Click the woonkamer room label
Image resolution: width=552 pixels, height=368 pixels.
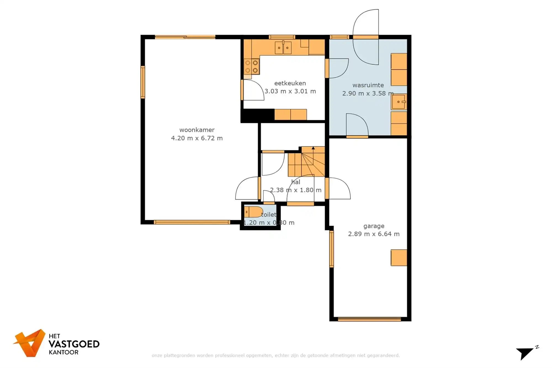point(197,130)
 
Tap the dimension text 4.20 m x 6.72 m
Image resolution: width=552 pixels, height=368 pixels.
point(197,138)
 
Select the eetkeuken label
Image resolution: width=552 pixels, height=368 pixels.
point(290,83)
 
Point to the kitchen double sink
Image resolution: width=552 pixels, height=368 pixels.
point(283,47)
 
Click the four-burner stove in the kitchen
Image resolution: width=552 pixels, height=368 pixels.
point(251,67)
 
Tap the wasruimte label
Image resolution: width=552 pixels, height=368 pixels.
point(368,85)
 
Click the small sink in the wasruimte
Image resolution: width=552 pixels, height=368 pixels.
point(399,102)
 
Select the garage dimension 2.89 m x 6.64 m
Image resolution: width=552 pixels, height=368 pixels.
point(374,234)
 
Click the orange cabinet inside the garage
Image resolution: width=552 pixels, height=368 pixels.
point(399,258)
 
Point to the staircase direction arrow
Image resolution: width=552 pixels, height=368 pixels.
point(313,149)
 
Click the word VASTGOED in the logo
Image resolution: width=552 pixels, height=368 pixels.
point(74,344)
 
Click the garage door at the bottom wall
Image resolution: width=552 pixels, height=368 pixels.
point(369,319)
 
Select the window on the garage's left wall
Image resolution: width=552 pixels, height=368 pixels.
point(331,249)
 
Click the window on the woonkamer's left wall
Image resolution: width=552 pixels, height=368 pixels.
point(143,82)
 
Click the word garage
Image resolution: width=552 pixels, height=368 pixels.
point(374,226)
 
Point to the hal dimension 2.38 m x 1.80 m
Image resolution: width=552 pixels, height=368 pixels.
point(296,190)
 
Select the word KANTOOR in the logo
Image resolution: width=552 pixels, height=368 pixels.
point(63,352)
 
